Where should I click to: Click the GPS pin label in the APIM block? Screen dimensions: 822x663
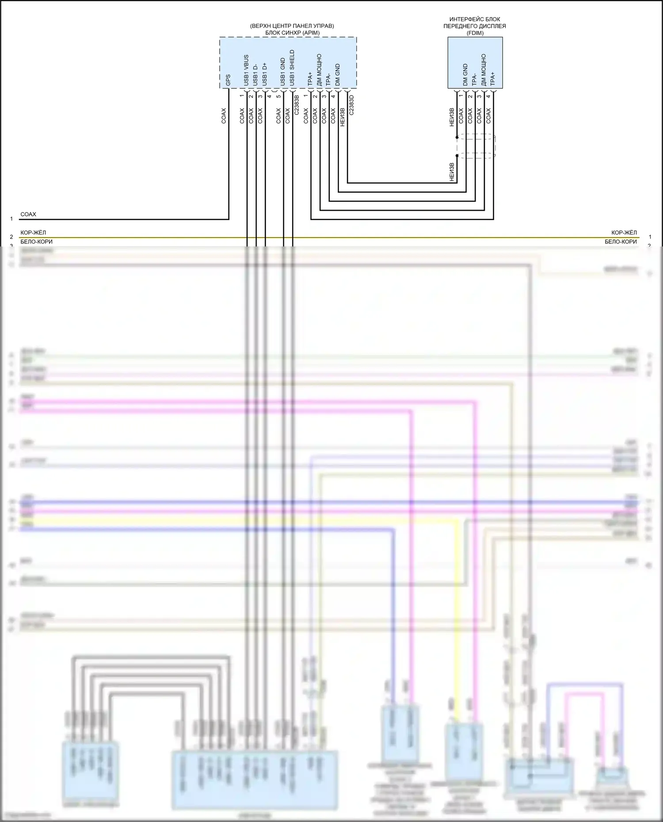coord(228,80)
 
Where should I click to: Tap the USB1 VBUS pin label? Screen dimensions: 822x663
coord(246,70)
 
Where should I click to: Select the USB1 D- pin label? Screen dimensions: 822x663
coord(255,75)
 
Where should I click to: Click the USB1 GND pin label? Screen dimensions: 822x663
coord(283,72)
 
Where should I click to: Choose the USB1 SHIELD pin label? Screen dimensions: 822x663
coord(292,68)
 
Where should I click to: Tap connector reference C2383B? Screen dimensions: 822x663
coord(297,105)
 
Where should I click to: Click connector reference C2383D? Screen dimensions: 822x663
coord(351,105)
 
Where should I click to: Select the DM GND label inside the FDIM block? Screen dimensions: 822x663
coord(465,75)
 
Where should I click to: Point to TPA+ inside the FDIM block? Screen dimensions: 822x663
coord(492,79)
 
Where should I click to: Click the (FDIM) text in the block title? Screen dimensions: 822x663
coord(475,33)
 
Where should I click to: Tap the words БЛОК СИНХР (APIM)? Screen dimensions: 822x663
coord(292,33)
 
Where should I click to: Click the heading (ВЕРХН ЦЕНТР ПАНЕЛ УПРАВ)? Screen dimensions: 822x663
coord(292,26)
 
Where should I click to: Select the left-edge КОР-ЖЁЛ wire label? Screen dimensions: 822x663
coord(33,233)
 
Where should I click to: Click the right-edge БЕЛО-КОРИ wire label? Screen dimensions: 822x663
coord(621,242)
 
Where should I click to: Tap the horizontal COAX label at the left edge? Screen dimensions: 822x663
coord(28,214)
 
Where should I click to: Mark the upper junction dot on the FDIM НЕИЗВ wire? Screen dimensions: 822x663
coord(457,137)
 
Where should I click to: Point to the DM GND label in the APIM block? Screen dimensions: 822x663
coord(338,75)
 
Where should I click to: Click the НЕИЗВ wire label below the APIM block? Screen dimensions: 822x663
coord(342,117)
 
